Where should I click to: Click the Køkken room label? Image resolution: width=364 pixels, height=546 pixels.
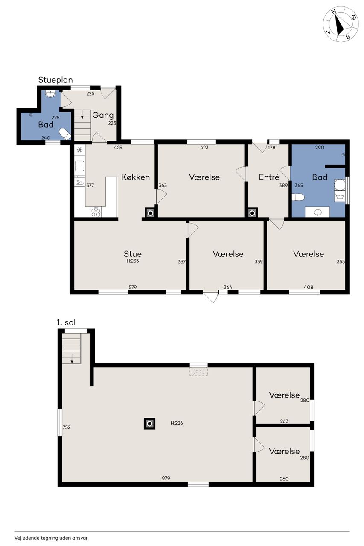click(135, 177)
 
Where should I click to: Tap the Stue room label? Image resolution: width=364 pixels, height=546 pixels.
click(133, 254)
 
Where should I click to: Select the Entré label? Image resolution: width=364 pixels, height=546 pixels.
click(269, 177)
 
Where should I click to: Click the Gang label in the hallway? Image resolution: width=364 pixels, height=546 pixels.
click(103, 115)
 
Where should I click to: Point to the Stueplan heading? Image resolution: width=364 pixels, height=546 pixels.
click(55, 80)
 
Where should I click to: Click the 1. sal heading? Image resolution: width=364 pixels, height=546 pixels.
click(66, 322)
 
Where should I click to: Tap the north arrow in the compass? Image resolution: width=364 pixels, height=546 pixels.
click(340, 24)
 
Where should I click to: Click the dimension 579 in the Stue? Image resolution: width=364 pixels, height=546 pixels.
click(133, 287)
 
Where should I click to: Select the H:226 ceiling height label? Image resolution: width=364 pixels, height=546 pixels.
click(177, 423)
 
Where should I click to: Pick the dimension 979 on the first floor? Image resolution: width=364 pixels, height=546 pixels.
click(166, 478)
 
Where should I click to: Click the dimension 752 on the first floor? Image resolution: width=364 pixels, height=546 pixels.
click(67, 427)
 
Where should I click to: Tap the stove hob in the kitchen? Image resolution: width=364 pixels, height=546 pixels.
click(96, 212)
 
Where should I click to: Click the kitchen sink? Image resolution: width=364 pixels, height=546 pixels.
click(79, 166)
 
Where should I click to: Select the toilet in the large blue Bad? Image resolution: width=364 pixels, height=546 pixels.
click(298, 197)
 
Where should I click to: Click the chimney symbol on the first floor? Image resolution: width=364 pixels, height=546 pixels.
click(150, 424)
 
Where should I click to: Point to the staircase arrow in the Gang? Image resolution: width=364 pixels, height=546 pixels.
click(82, 114)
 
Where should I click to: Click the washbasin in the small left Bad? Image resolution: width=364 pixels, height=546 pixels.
click(51, 93)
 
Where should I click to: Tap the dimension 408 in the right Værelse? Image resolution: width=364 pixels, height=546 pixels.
click(309, 287)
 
